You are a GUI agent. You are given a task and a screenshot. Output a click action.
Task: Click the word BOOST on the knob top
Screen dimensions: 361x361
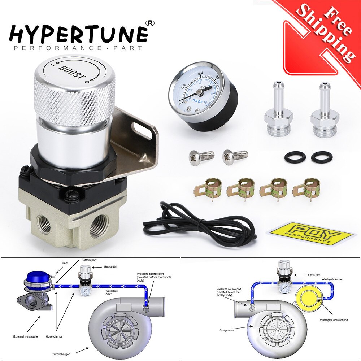click(x=72, y=71)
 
